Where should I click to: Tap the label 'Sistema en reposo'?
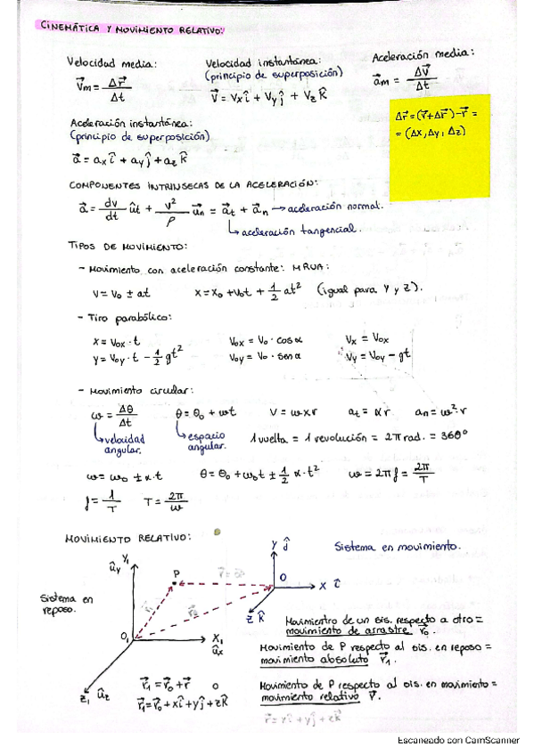point(71,605)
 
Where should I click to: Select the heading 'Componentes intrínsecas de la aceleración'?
point(193,184)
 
